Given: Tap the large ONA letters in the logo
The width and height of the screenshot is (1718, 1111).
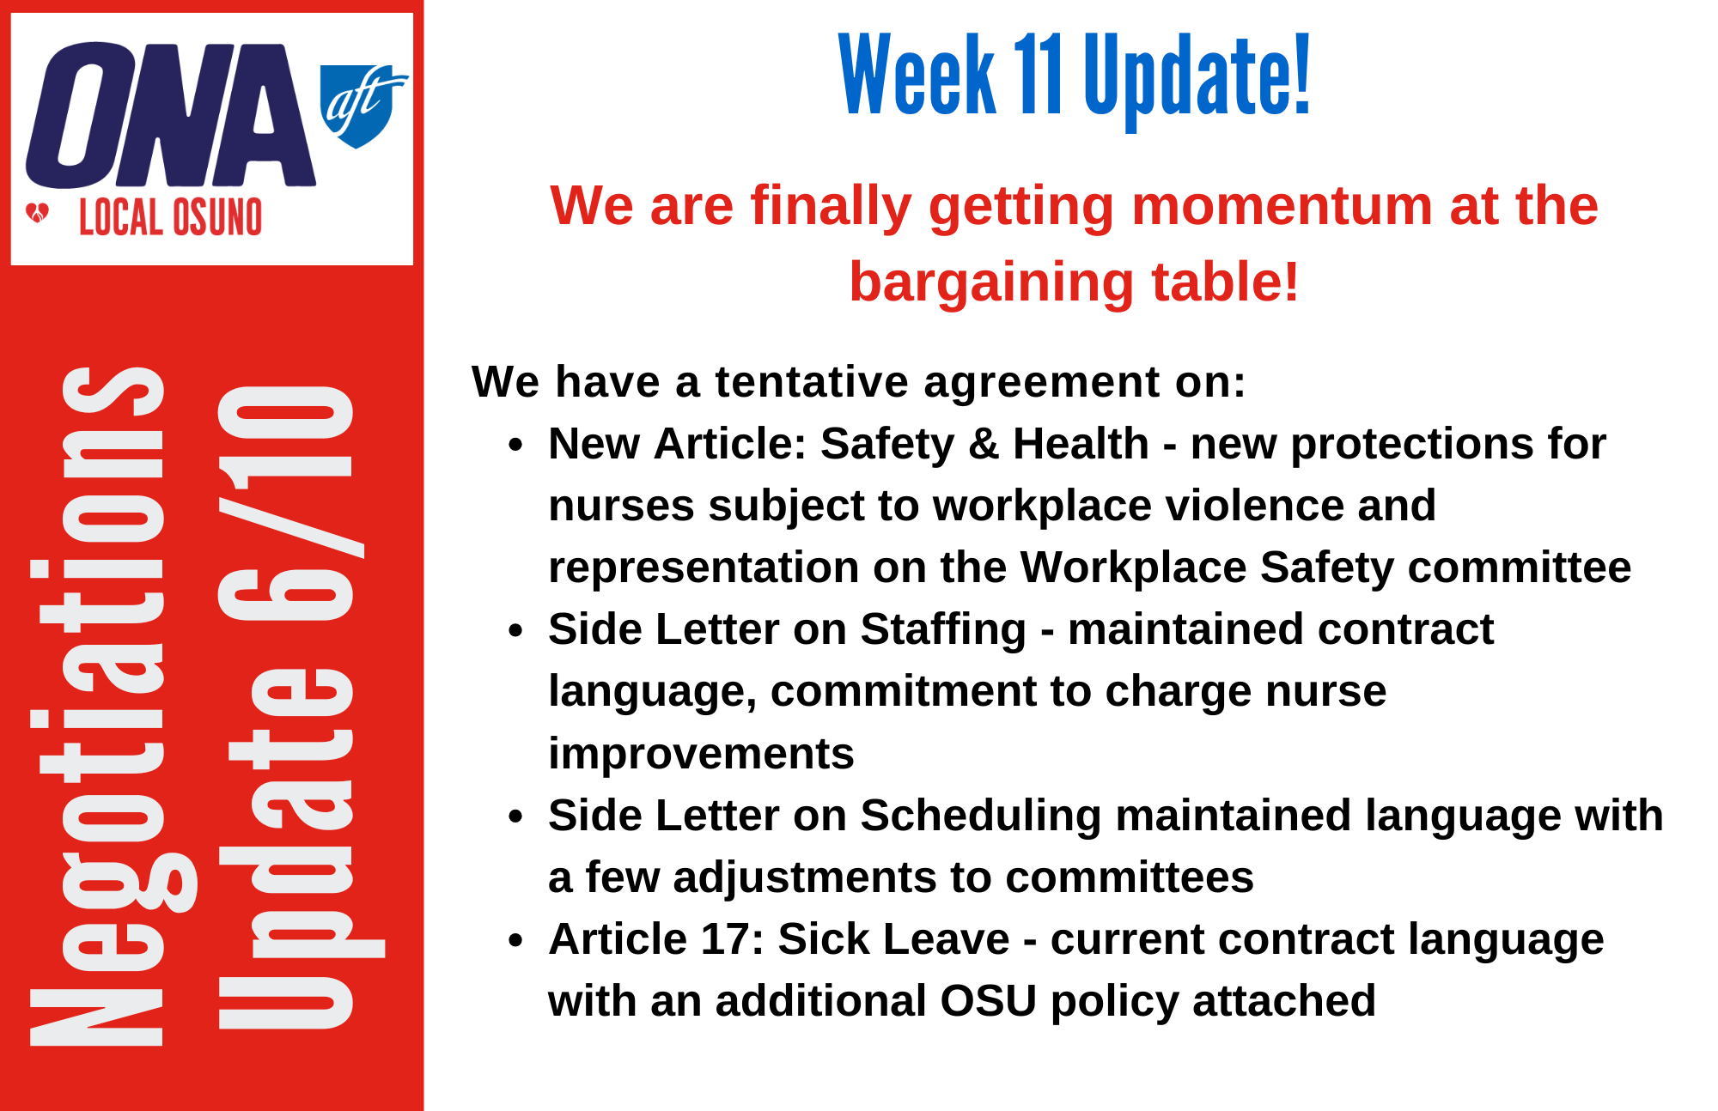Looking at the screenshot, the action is point(171,114).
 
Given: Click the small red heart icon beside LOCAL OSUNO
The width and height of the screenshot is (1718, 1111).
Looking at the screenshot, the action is point(38,213).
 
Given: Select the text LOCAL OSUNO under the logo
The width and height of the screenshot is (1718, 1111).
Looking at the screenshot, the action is point(170,217).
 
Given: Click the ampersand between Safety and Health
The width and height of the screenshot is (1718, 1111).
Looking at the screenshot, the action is point(984,444).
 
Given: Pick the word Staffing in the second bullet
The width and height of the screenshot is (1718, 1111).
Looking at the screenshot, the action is point(943,630).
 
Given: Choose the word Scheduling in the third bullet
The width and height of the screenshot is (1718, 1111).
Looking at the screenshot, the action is point(980,817).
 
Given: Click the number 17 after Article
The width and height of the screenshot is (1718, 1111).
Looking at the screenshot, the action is point(727,938).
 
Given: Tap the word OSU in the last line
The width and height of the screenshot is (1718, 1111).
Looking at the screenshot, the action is point(988,1001).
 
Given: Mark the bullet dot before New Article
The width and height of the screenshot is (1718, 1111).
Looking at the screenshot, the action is point(515,445).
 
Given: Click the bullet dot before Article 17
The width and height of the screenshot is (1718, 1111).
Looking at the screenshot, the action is point(515,940).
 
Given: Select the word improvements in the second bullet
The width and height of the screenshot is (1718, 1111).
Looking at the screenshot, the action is point(701,754).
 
